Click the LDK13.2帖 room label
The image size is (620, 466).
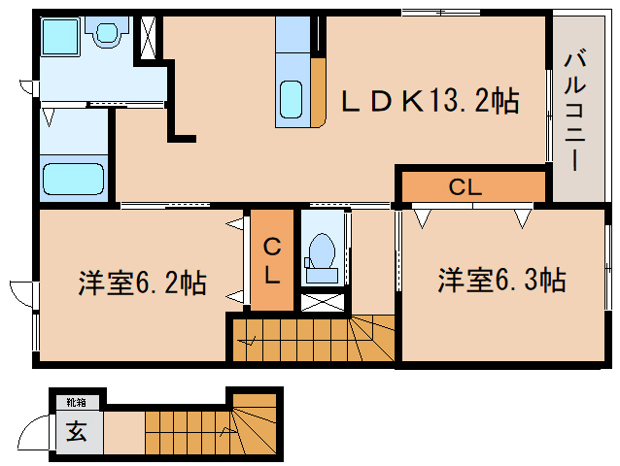428,101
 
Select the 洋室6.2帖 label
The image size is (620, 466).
142,283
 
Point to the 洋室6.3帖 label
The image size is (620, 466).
500,281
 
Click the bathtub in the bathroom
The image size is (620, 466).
73,180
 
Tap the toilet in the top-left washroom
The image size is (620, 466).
106,37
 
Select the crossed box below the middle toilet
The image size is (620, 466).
323,299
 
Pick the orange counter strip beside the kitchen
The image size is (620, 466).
318,92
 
